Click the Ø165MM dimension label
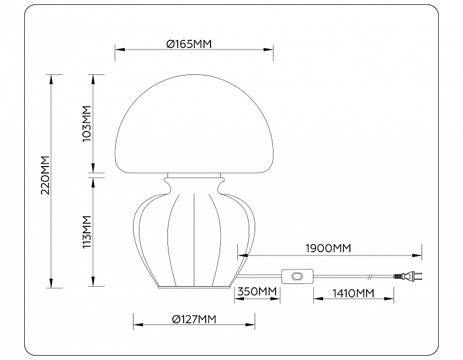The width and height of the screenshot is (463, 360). (x=189, y=45)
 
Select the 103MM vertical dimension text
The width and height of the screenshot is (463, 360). (x=87, y=124)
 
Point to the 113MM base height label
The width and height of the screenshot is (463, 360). (x=87, y=232)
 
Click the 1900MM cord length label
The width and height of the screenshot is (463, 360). (x=328, y=248)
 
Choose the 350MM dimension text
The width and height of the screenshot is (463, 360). (x=257, y=292)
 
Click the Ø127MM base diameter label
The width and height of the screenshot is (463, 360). (x=194, y=320)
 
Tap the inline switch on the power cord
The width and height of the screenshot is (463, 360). (x=297, y=276)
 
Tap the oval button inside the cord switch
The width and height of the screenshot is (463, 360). (x=297, y=276)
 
